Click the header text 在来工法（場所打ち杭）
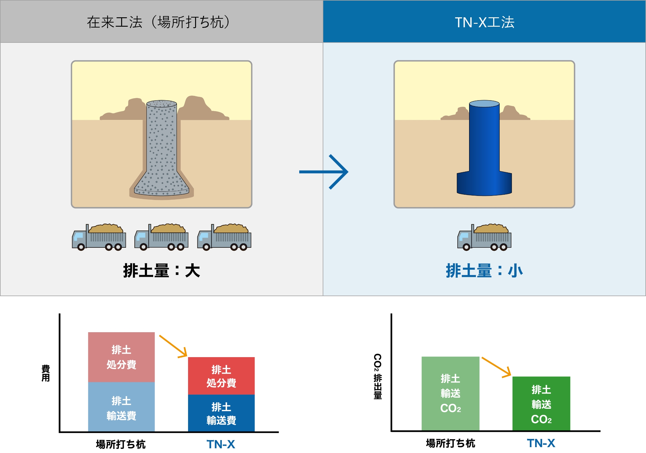158,22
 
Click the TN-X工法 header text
484,22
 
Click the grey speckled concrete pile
162,147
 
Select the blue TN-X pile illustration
484,147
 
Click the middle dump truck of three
161,237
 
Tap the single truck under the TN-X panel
484,237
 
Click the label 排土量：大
162,270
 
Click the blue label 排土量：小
484,270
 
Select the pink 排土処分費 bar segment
121,357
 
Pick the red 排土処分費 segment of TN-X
221,376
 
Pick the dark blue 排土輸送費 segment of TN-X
221,413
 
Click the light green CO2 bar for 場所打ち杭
450,393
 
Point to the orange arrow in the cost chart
173,346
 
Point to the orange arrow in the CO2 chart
496,367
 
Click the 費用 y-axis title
45,373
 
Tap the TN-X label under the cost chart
221,444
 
